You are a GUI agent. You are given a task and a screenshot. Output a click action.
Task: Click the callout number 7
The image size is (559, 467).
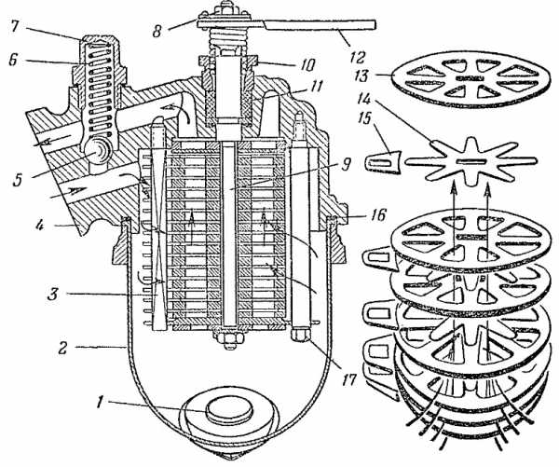click(x=14, y=26)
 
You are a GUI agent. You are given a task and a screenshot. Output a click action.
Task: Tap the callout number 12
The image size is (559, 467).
click(x=358, y=57)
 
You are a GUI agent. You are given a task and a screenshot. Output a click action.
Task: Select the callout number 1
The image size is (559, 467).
click(x=102, y=403)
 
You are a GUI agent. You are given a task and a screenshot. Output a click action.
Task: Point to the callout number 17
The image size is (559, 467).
click(x=348, y=379)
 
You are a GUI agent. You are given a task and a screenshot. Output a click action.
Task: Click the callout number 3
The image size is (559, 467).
click(x=53, y=295)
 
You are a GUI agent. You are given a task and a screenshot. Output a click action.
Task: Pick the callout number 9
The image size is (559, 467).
click(x=345, y=164)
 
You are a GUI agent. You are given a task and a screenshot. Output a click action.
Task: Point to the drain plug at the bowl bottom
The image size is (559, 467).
click(x=229, y=412)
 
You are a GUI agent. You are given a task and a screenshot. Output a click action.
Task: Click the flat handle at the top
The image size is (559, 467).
click(x=286, y=24)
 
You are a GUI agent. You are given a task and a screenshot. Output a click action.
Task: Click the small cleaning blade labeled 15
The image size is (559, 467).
click(x=384, y=162)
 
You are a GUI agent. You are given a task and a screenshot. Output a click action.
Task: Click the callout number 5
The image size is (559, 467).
click(x=18, y=180)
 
